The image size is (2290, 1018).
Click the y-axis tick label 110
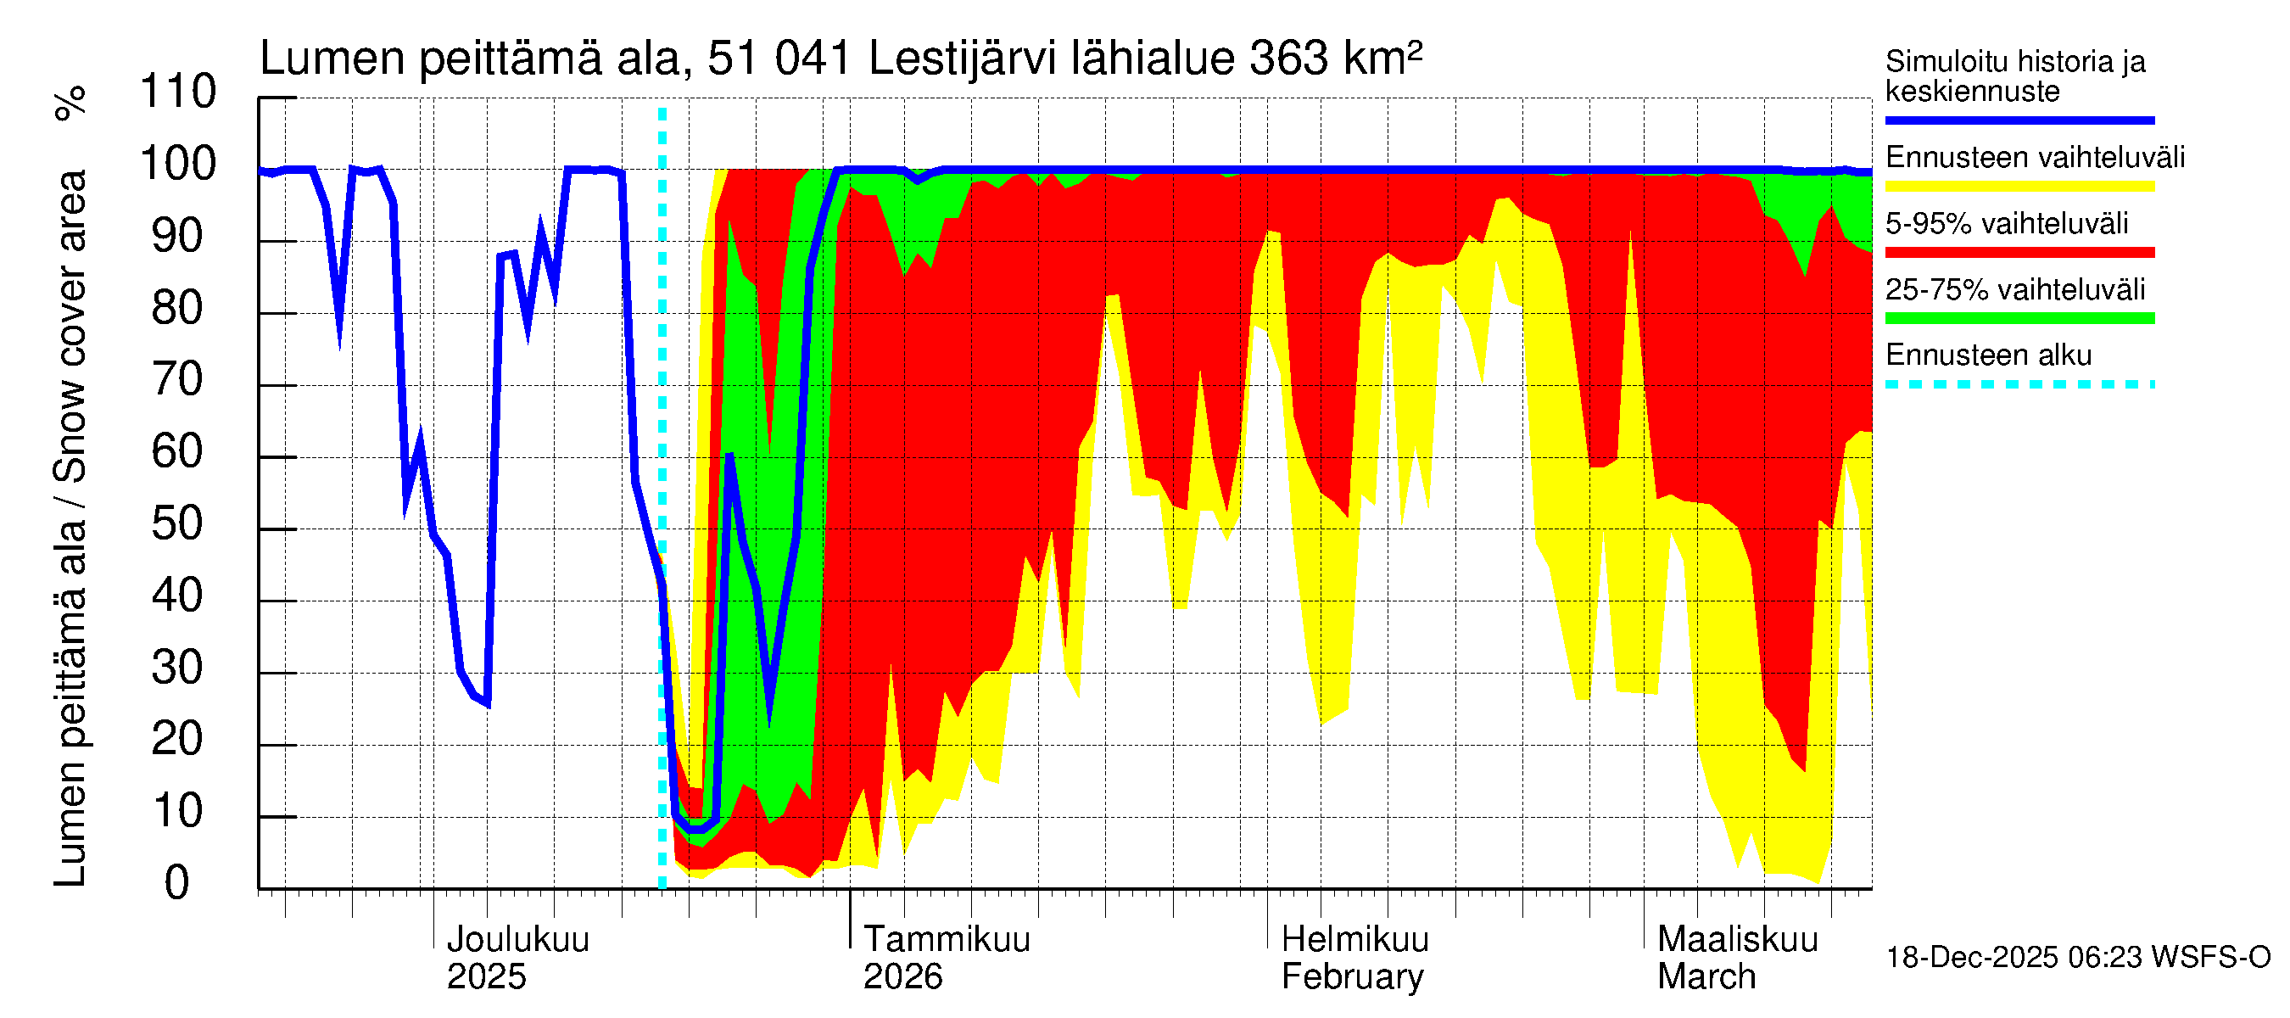(x=178, y=92)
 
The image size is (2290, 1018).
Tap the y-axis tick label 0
(x=177, y=884)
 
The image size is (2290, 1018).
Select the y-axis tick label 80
(x=178, y=309)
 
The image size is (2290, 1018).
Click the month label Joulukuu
(x=517, y=940)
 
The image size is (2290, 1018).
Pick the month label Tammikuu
(x=947, y=940)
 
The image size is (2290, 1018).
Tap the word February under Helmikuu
(x=1352, y=977)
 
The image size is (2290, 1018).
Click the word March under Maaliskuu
(x=1706, y=977)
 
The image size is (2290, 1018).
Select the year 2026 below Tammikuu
(x=902, y=977)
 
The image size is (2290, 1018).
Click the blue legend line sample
(x=2019, y=120)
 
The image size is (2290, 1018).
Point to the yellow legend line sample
(x=2019, y=187)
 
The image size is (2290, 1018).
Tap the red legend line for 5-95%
(x=2019, y=253)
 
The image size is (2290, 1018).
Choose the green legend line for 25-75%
(x=2019, y=318)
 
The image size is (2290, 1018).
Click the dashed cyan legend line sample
(x=2019, y=385)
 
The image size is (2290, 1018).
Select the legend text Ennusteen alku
(x=1988, y=355)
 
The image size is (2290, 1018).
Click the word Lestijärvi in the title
(x=962, y=59)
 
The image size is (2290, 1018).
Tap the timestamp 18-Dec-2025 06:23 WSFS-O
(x=2077, y=958)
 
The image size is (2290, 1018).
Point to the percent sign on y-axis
(x=70, y=103)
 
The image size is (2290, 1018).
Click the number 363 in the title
(x=1289, y=59)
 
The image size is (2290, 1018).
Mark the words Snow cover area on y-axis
(x=70, y=327)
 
